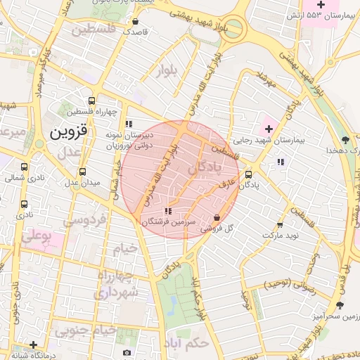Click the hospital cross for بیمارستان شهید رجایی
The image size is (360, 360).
267,129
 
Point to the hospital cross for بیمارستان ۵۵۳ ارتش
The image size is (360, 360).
321,4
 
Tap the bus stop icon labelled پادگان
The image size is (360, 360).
248,175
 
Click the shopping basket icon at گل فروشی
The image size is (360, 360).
216,217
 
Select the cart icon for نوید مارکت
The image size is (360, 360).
280,225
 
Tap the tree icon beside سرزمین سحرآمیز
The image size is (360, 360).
340,305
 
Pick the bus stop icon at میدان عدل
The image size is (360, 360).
83,172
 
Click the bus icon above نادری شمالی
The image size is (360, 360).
25,167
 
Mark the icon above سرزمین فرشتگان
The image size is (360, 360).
167,211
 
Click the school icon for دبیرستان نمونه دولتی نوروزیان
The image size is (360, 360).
129,124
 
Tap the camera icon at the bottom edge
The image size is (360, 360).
127,352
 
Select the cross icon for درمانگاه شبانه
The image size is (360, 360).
32,345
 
